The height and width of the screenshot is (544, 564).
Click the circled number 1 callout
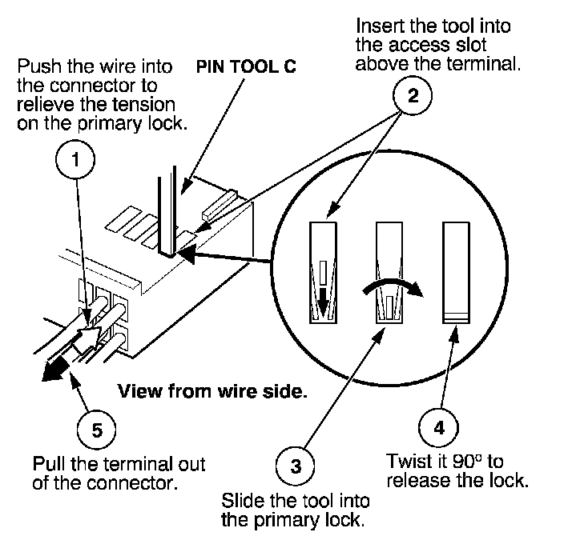point(75,159)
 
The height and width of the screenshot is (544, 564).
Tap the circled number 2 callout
point(413,95)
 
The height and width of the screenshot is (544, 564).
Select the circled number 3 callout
point(296,466)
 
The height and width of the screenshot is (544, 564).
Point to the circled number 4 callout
point(438,427)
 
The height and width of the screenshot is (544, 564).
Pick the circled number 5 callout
point(97,430)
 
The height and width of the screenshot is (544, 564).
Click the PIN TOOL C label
point(246,66)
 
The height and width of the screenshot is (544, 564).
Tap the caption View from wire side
point(212,391)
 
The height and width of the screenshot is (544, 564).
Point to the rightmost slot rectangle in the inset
point(456,273)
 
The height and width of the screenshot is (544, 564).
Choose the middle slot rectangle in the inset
point(389,273)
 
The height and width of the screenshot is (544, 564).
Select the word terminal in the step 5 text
point(145,463)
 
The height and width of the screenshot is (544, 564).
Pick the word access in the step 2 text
point(420,46)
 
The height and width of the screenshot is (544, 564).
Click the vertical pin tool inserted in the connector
point(167,212)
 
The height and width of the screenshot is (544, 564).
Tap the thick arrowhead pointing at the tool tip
point(187,254)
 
